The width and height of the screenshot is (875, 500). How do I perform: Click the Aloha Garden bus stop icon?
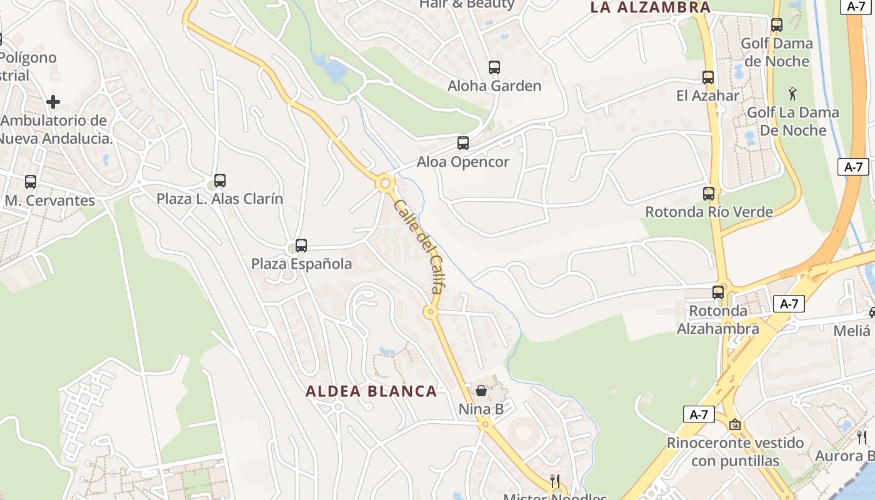494,67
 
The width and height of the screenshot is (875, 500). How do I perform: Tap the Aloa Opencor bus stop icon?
463,143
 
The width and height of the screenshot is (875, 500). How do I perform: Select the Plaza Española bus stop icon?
301,246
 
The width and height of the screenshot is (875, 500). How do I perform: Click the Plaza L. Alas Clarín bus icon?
220,181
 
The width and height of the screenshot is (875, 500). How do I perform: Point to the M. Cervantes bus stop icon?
31,182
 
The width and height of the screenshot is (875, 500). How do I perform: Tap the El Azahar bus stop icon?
708,77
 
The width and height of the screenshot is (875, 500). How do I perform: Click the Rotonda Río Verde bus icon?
709,194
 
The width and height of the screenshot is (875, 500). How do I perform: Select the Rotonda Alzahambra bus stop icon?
718,292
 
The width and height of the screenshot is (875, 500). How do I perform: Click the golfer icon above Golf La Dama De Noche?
793,94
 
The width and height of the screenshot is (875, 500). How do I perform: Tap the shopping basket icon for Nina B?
481,391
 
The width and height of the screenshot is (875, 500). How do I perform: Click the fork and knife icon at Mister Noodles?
554,481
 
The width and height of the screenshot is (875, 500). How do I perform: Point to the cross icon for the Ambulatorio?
53,101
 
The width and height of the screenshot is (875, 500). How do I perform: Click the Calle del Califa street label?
421,247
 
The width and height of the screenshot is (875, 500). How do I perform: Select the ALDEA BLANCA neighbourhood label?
371,392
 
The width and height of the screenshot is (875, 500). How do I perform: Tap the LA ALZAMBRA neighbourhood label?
651,7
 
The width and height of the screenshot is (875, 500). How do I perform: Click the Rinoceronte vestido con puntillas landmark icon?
735,424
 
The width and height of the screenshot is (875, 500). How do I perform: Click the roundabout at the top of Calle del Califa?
385,184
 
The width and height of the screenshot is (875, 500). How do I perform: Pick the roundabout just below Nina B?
485,424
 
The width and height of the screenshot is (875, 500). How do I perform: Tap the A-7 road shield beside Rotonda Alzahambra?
789,304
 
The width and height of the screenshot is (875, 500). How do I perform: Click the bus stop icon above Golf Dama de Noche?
777,25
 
